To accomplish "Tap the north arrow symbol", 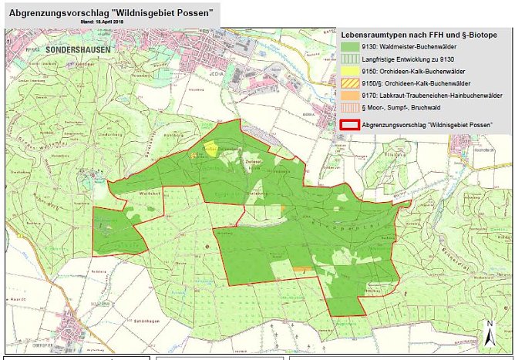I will pyautogui.click(x=490, y=335).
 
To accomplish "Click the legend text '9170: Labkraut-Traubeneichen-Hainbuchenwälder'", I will pyautogui.click(x=430, y=94).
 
